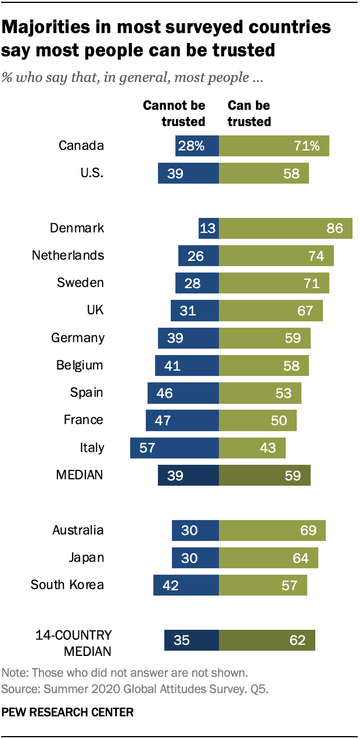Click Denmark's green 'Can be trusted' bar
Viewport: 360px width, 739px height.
pos(286,228)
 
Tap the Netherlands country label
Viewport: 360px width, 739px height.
pos(68,256)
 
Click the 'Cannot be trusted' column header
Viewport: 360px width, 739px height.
pos(174,114)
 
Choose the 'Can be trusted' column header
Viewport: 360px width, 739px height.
pos(249,114)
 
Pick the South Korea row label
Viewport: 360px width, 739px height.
pos(67,584)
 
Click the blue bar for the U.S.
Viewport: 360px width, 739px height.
pos(188,173)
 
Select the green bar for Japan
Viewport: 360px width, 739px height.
pos(268,558)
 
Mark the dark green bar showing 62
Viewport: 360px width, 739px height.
pos(267,640)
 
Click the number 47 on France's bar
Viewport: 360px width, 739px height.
pos(163,420)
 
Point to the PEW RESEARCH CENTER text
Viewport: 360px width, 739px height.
pos(68,712)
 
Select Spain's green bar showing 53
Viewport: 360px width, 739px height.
pos(260,393)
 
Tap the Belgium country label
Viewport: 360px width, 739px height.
pos(80,365)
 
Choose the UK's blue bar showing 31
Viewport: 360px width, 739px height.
pos(195,311)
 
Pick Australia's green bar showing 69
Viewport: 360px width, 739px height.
pos(272,530)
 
